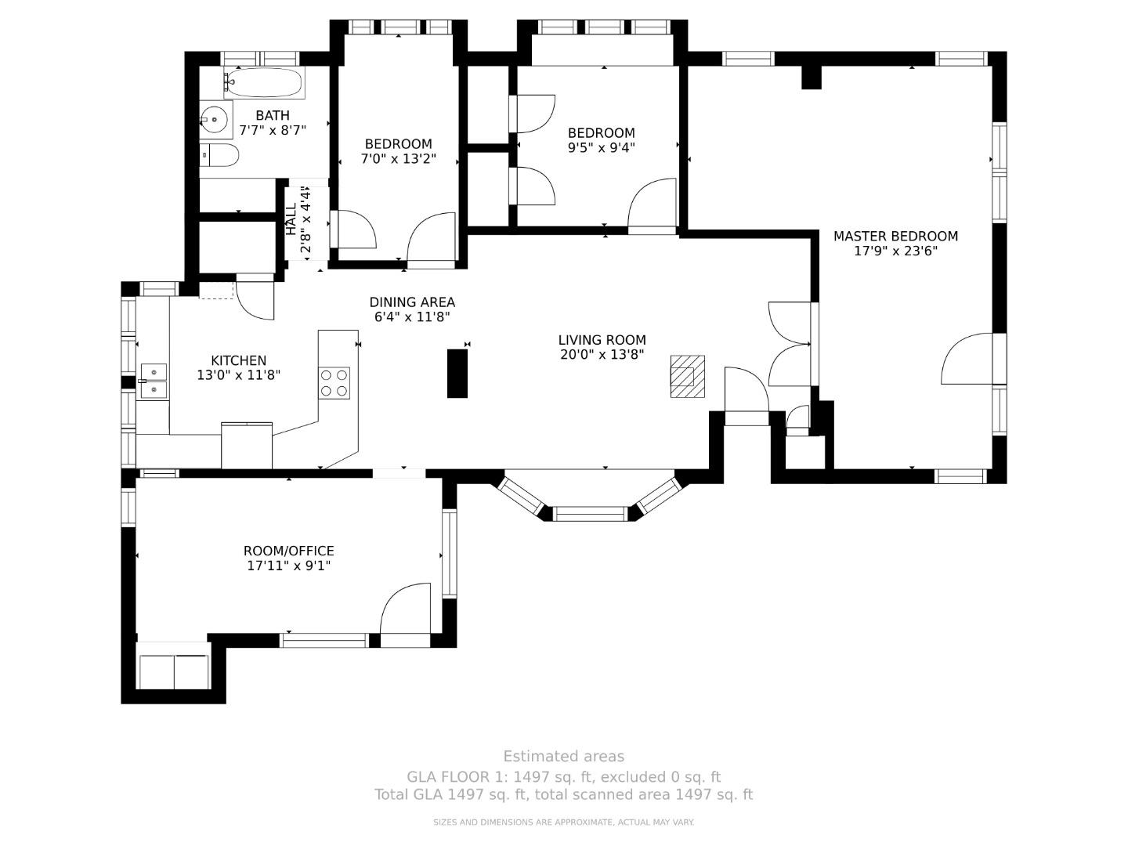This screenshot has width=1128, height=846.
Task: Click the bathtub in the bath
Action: (x=266, y=82)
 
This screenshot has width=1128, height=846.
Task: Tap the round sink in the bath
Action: (x=213, y=120)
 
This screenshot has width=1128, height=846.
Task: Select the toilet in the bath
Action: (x=220, y=156)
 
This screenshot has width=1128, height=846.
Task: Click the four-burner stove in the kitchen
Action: (x=334, y=383)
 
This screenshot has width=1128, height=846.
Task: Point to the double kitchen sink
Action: (x=154, y=381)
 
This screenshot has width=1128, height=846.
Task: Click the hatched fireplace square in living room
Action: (x=687, y=377)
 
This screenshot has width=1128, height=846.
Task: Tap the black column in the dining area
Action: (x=457, y=374)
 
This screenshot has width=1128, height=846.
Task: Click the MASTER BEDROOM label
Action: (x=895, y=237)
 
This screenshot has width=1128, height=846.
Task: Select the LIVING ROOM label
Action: (x=602, y=340)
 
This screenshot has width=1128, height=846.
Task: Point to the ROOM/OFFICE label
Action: (x=288, y=551)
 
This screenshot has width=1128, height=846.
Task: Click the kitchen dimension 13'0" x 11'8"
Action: (x=238, y=375)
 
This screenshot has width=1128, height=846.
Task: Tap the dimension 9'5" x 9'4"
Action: (x=602, y=147)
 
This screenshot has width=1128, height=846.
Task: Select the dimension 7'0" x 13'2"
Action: (x=398, y=158)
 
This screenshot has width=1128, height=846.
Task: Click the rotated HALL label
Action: (x=291, y=219)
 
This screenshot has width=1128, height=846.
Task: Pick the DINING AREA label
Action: (x=412, y=302)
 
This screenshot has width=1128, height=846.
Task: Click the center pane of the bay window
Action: (x=591, y=514)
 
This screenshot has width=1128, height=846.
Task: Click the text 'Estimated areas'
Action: (x=563, y=757)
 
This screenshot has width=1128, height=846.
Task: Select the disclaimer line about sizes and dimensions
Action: (x=563, y=822)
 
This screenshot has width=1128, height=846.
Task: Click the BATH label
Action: (x=272, y=116)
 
